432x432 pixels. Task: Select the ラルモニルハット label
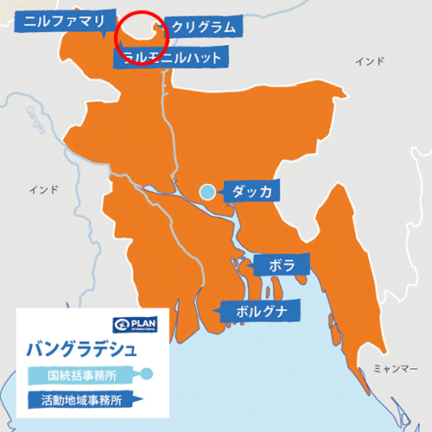172,58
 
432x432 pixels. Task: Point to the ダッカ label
251,192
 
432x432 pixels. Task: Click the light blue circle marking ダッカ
207,193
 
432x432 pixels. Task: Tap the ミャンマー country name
393,368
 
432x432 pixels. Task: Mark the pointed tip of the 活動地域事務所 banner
149,399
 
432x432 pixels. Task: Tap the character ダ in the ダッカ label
237,192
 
